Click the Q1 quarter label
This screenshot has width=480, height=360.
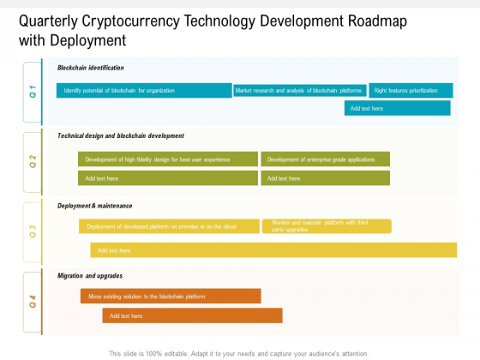click(33, 92)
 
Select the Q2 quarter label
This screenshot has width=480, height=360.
click(33, 161)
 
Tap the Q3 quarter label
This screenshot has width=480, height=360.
click(33, 231)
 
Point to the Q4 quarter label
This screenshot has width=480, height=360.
click(33, 301)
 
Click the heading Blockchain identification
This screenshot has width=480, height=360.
click(91, 68)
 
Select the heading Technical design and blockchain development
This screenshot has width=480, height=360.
click(121, 135)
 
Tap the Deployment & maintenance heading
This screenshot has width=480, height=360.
click(94, 206)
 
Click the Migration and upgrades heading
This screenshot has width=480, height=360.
click(90, 276)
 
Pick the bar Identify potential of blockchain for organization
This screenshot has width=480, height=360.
click(144, 90)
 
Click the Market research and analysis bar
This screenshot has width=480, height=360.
click(300, 91)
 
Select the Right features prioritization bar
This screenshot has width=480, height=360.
click(411, 90)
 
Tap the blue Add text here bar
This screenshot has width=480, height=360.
click(398, 108)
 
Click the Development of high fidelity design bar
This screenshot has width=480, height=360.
click(168, 159)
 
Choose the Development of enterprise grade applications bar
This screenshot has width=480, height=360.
click(326, 159)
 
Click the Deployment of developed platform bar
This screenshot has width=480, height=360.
click(170, 226)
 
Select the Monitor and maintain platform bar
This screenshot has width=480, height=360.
click(327, 226)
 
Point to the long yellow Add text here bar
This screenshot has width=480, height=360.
click(273, 250)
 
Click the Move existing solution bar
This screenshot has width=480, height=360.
click(171, 296)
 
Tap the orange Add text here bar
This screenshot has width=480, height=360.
click(193, 315)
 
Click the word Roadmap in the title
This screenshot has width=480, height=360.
click(377, 21)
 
